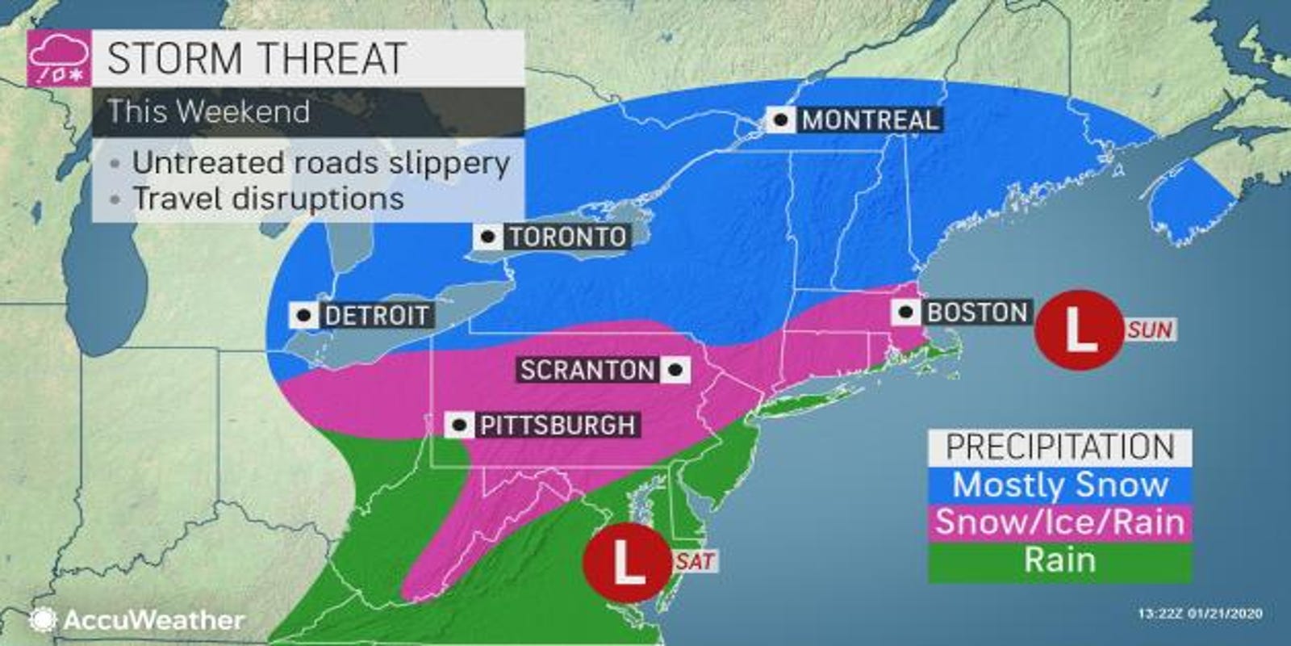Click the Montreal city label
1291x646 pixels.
[870, 120]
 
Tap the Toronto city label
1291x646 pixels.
[567, 237]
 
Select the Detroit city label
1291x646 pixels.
[376, 315]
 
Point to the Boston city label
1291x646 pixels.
[977, 313]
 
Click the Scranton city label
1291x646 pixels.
[587, 371]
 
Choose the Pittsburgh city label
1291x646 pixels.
[557, 426]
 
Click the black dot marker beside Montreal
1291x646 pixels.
[780, 120]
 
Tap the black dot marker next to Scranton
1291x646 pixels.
[675, 371]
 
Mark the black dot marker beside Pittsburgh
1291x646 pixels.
[460, 426]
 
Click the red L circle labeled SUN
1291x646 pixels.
[1079, 329]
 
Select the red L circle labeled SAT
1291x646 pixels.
[627, 561]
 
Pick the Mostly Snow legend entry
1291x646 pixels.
[1059, 485]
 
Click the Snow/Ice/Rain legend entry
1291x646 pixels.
[1059, 522]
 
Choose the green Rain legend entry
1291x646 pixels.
[1059, 560]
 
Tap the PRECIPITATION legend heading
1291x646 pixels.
[1059, 447]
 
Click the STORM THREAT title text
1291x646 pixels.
[256, 58]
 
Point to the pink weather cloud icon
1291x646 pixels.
[58, 58]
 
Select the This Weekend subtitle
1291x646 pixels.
[209, 111]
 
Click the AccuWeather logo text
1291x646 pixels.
[153, 620]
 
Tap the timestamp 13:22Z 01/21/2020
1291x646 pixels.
[1200, 615]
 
